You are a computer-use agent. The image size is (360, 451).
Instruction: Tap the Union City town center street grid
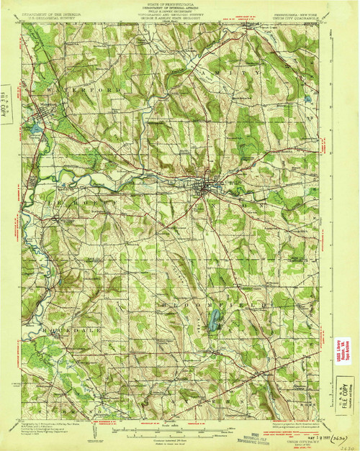(205, 189)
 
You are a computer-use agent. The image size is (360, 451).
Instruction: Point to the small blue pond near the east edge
(308, 98)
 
